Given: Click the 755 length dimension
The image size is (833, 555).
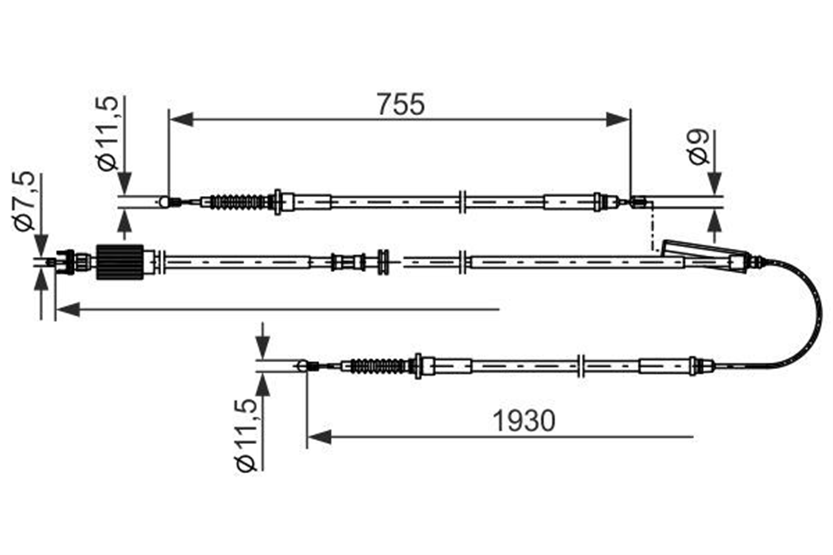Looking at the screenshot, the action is click(x=401, y=104).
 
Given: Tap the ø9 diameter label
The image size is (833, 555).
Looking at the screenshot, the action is click(x=698, y=147).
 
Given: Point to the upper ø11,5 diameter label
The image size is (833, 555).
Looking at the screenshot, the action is click(x=107, y=134).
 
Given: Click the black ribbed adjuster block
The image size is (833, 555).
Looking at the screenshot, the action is click(x=120, y=262).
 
